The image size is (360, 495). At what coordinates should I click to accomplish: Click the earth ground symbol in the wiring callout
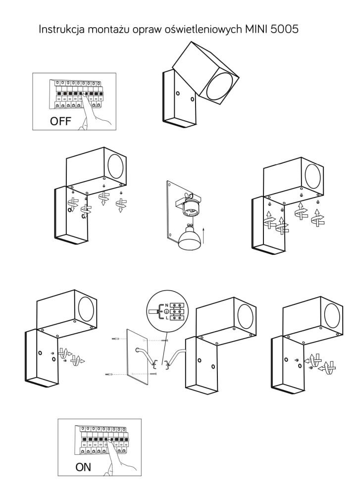click(x=167, y=311)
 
